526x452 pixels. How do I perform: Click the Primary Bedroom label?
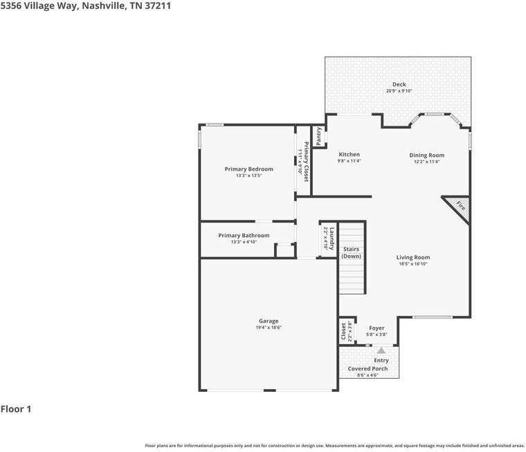[x=248, y=169]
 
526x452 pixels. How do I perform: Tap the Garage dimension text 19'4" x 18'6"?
[x=269, y=328]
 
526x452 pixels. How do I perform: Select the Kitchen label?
[x=349, y=154]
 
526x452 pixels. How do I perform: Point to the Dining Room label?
[x=426, y=156]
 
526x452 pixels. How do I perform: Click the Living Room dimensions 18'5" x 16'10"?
[x=413, y=263]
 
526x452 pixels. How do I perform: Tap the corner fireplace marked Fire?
[x=459, y=205]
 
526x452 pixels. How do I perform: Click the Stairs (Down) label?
[x=351, y=252]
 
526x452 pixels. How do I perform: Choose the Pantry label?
[x=319, y=135]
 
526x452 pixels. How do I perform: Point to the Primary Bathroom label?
[x=244, y=236]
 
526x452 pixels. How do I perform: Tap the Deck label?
[x=399, y=84]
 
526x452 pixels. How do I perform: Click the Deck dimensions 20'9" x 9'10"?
[x=399, y=91]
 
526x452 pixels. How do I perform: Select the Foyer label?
[x=377, y=328]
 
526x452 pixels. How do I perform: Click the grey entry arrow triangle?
[x=381, y=350]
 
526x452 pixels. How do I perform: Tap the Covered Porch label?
[x=368, y=368]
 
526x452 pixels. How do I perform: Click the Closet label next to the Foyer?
[x=344, y=331]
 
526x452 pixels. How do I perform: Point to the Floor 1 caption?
[x=16, y=409]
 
